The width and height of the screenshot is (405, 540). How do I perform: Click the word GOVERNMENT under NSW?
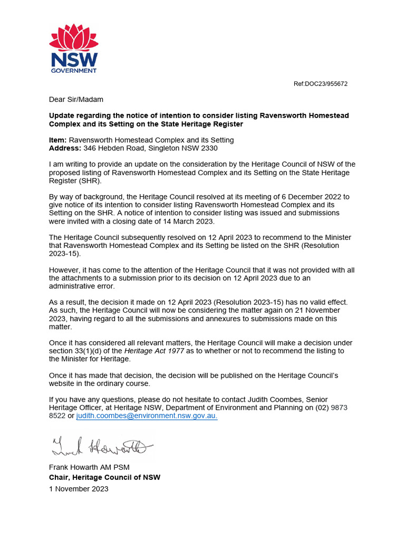pos(74,70)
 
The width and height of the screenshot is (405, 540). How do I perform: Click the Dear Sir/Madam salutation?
pos(76,99)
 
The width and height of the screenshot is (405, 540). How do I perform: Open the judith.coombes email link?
pos(147,416)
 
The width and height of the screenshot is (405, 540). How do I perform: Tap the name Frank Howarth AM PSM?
pos(89,467)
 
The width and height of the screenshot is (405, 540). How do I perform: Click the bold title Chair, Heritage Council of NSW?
pos(104,477)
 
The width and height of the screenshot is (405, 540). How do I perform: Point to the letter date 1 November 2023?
pos(79,489)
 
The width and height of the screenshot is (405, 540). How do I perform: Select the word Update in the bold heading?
pos(63,115)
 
